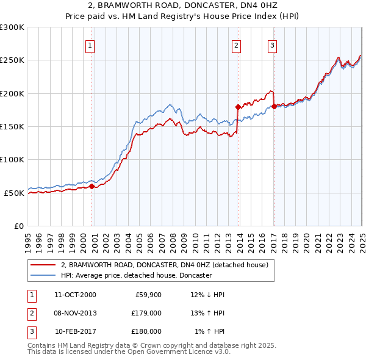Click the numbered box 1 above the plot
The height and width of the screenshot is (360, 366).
tap(90, 45)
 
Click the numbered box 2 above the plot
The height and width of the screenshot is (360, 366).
tap(236, 45)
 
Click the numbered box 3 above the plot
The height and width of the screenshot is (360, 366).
tap(272, 45)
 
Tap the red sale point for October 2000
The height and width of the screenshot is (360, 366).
tap(92, 186)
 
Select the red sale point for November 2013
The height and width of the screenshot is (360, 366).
tap(238, 107)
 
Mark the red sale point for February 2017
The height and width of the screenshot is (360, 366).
tap(274, 106)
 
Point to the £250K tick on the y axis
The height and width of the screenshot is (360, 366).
tap(13, 60)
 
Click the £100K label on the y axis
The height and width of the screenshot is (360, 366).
tap(13, 159)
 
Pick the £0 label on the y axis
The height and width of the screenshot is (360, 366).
tap(19, 226)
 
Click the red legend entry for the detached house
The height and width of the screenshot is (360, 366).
tap(164, 265)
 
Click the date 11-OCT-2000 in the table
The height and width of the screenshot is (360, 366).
tap(75, 295)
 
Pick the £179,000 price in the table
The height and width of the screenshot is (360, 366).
tap(146, 313)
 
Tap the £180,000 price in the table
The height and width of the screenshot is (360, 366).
tap(146, 331)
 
